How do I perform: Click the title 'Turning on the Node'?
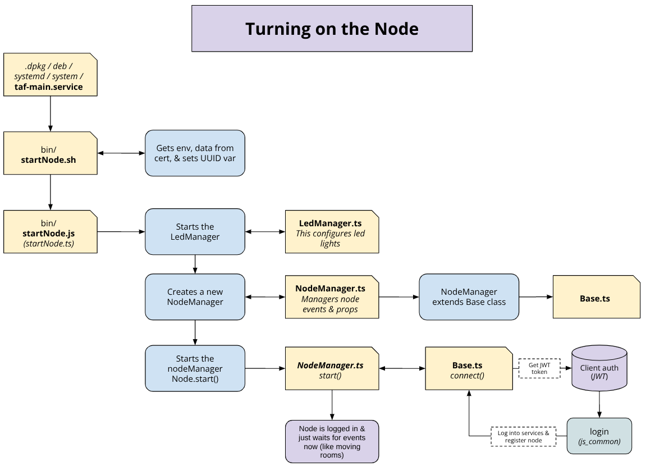pyautogui.click(x=332, y=29)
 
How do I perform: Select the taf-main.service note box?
pyautogui.click(x=50, y=75)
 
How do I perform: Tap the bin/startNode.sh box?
pyautogui.click(x=50, y=153)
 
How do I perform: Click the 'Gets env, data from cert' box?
pyautogui.click(x=195, y=153)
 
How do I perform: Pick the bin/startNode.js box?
pyautogui.click(x=50, y=232)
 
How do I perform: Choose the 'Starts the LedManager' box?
pyautogui.click(x=195, y=232)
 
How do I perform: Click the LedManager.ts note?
pyautogui.click(x=331, y=232)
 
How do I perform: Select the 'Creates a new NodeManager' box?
pyautogui.click(x=195, y=297)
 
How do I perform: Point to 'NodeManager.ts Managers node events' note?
pyautogui.click(x=331, y=297)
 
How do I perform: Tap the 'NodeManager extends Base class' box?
pyautogui.click(x=469, y=297)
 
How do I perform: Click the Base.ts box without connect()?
pyautogui.click(x=595, y=297)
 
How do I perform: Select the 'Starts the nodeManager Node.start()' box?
pyautogui.click(x=195, y=368)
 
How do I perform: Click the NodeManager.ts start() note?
pyautogui.click(x=331, y=368)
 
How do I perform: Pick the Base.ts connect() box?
pyautogui.click(x=469, y=368)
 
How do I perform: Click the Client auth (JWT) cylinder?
pyautogui.click(x=599, y=368)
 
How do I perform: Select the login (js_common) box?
pyautogui.click(x=599, y=436)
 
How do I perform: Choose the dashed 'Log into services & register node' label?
pyautogui.click(x=523, y=436)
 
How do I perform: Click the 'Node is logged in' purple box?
pyautogui.click(x=332, y=441)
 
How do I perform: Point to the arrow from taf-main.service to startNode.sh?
pyautogui.click(x=51, y=113)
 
